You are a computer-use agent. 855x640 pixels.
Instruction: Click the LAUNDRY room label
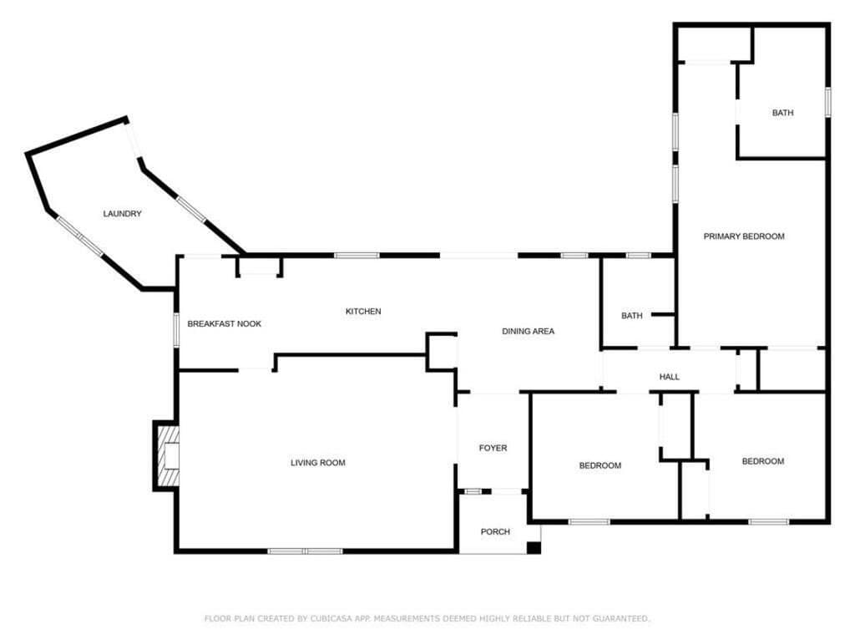(x=122, y=213)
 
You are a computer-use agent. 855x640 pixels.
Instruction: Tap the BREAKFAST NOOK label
(x=224, y=323)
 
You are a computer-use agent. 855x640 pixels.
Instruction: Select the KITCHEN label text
(x=363, y=311)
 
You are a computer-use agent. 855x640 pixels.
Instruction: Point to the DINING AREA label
(x=528, y=331)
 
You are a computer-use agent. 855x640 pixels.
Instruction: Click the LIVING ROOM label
(x=318, y=463)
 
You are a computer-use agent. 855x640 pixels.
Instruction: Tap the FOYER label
(x=493, y=448)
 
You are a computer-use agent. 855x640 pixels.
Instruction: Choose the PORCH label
(x=495, y=531)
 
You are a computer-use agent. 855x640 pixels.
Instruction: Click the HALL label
(x=669, y=377)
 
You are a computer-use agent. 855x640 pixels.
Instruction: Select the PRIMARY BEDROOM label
(x=744, y=236)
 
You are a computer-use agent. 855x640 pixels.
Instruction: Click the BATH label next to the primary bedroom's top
(x=782, y=113)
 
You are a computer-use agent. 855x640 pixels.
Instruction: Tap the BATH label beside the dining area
(x=632, y=315)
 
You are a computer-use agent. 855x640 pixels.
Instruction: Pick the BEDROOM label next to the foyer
(x=600, y=465)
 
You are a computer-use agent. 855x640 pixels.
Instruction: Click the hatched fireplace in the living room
(x=169, y=455)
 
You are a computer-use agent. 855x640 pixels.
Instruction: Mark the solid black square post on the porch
(x=534, y=547)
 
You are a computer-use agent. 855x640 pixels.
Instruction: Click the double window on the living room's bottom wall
(x=306, y=551)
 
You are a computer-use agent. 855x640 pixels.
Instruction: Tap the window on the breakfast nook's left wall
(x=176, y=329)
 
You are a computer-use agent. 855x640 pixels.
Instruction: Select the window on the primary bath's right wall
(x=827, y=102)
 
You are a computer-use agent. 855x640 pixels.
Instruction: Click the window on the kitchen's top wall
(x=357, y=256)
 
